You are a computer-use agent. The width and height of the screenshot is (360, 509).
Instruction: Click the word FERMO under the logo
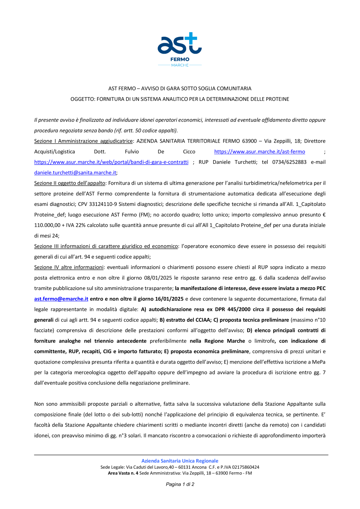[x=180, y=59]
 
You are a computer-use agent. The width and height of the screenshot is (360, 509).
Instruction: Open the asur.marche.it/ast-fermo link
[x=260, y=152]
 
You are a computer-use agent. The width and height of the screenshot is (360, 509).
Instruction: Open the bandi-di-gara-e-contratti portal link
[x=111, y=162]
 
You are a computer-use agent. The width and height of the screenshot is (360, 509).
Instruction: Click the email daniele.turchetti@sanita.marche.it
[x=75, y=172]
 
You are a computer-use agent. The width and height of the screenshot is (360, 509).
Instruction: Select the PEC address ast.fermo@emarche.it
[x=61, y=299]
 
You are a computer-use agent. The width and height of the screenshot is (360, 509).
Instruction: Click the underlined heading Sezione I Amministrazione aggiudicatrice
[x=84, y=141]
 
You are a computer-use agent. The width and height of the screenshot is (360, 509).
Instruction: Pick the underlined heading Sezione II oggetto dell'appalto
[x=69, y=183]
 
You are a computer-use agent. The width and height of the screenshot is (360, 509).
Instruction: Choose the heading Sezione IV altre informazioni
[x=69, y=267]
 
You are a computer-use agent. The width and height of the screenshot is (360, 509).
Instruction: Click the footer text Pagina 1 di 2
[x=180, y=484]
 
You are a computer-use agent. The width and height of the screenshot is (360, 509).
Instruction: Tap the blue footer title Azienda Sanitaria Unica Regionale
[x=180, y=461]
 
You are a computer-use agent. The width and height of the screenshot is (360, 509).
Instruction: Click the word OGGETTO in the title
[x=82, y=99]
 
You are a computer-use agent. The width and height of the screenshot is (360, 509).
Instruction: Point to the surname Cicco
[x=189, y=152]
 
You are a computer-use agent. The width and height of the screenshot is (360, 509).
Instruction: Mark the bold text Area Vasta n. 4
[x=123, y=473]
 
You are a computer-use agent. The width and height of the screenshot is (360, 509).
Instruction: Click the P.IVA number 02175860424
[x=246, y=467]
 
